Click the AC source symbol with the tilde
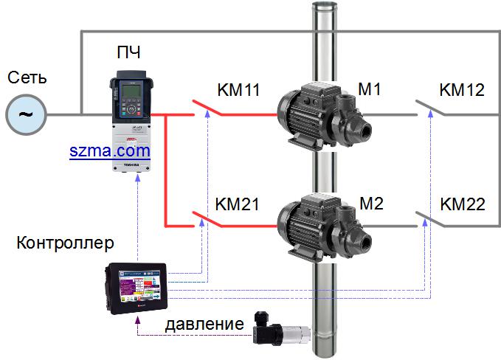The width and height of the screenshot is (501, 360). [x=26, y=114]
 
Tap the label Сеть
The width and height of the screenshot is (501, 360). [x=27, y=77]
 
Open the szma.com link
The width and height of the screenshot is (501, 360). [x=110, y=151]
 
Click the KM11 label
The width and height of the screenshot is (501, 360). [x=238, y=91]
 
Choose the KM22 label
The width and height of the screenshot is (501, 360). [x=463, y=204]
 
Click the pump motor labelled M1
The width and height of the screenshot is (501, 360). [x=317, y=115]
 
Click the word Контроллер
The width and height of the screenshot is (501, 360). [x=65, y=242]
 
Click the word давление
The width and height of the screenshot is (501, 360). [x=204, y=323]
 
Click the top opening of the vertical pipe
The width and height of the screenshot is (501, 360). [x=322, y=7]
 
